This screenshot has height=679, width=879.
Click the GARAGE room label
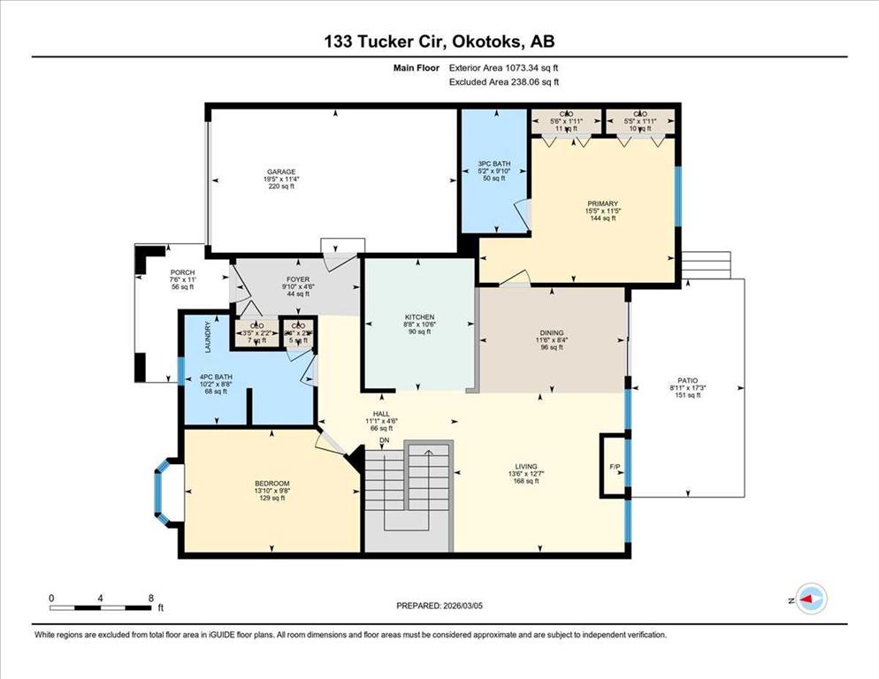pyautogui.click(x=281, y=172)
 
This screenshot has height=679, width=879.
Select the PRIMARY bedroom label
pyautogui.click(x=601, y=202)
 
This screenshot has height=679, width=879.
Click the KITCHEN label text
pyautogui.click(x=420, y=317)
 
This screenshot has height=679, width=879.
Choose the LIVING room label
pyautogui.click(x=527, y=467)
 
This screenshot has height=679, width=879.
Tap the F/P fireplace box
pyautogui.click(x=614, y=465)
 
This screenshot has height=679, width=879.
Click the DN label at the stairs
pyautogui.click(x=384, y=440)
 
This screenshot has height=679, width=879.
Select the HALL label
pyautogui.click(x=381, y=413)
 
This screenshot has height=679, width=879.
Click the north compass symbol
pyautogui.click(x=809, y=600)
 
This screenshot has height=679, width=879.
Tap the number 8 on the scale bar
pyautogui.click(x=151, y=598)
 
